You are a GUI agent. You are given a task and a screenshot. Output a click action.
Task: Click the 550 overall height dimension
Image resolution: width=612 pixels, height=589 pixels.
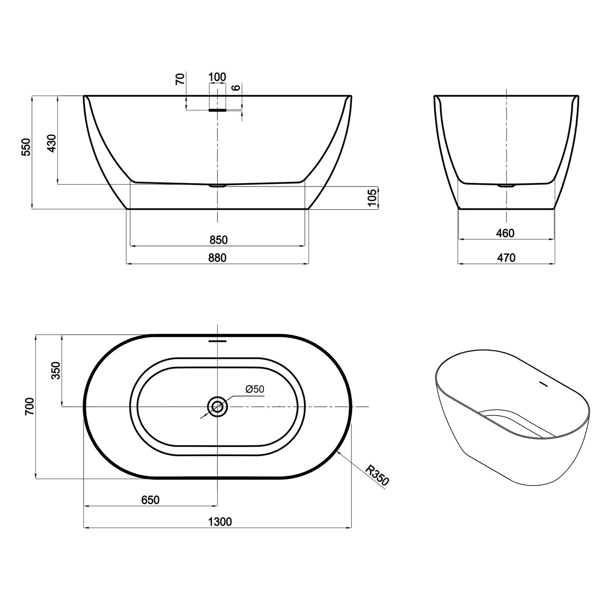point(26,147)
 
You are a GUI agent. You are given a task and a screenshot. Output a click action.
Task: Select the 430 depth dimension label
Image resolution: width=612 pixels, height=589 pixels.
point(52,143)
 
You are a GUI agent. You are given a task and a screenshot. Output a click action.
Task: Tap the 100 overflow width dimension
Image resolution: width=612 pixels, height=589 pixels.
point(217,77)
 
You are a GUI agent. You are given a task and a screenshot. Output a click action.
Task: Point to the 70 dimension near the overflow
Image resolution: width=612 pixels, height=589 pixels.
point(180,79)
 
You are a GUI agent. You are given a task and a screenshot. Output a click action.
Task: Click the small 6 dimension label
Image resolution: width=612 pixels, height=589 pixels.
point(236,87)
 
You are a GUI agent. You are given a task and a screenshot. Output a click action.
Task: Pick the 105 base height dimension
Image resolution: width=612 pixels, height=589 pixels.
point(372,197)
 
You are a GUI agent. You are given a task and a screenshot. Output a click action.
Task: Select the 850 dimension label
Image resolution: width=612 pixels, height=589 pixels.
point(218,240)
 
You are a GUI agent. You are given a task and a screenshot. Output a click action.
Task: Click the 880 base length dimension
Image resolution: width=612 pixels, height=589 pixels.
point(217,258)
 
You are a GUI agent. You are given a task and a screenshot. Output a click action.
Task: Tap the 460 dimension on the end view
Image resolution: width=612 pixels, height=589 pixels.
point(505,233)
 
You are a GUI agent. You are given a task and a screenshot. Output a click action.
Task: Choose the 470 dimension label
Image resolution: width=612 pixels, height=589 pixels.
point(506,258)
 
